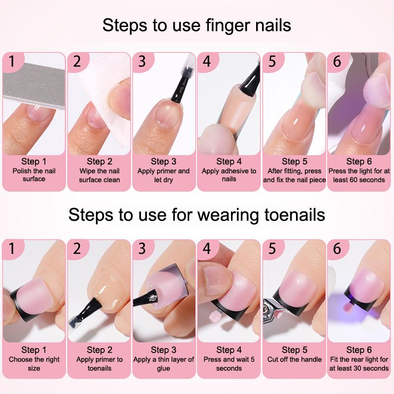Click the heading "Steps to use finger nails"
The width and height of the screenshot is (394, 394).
point(197,26)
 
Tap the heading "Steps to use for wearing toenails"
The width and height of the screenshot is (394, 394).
point(197,215)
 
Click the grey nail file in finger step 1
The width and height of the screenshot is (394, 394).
point(34,86)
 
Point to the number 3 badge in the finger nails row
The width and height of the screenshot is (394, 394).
point(142,61)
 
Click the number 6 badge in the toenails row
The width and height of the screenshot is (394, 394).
point(337,248)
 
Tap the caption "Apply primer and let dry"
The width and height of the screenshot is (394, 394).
point(164,175)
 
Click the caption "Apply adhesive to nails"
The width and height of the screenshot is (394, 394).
point(229,175)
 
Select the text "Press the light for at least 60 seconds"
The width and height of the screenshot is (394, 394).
point(359,175)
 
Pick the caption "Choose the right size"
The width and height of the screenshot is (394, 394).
point(34,364)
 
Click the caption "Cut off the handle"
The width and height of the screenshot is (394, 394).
point(295,360)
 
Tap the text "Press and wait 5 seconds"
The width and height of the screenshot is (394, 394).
point(229,364)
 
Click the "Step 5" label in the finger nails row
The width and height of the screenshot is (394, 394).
point(295,162)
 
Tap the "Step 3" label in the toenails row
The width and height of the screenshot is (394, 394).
point(164,350)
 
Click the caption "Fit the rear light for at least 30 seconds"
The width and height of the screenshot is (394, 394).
point(359,364)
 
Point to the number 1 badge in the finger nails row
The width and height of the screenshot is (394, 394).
point(12,61)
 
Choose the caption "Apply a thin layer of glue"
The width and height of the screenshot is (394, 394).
point(164,364)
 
